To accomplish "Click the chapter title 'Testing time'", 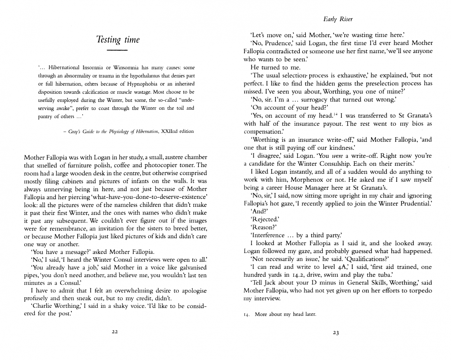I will pos(118,40).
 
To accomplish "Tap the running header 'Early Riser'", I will pos(338,19).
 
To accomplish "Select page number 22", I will pos(115,332).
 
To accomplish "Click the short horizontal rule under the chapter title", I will pos(118,51).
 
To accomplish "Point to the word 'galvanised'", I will pos(191,268).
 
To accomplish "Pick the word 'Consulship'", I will pos(334,164).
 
